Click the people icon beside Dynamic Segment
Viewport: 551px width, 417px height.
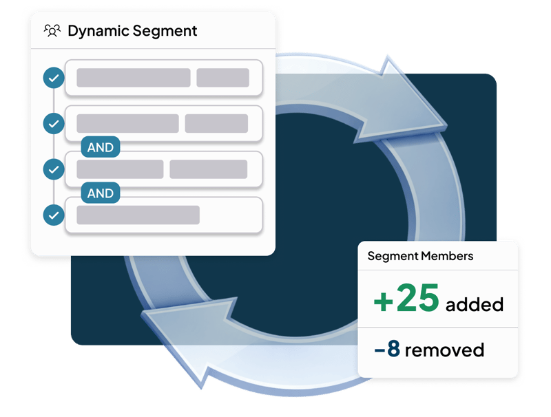(52, 31)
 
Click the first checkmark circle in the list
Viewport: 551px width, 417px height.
(53, 78)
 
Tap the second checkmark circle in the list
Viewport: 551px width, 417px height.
(53, 123)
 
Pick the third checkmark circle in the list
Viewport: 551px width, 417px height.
(53, 169)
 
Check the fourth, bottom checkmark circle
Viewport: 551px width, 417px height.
(53, 215)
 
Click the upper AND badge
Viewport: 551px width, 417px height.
(101, 147)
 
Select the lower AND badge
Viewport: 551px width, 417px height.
(101, 193)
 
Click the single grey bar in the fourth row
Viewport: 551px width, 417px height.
(138, 215)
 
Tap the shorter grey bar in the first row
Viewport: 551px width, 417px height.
(222, 78)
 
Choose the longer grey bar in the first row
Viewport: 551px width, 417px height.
(133, 78)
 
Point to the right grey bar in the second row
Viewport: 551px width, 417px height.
(216, 123)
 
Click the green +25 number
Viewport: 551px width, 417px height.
(406, 298)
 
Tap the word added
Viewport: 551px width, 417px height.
(475, 303)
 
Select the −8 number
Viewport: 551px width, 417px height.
(386, 349)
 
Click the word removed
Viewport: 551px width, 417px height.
(444, 350)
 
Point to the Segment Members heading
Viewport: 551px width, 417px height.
(420, 256)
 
